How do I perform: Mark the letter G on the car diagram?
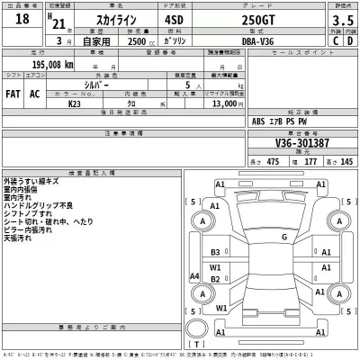(x=283, y=238)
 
